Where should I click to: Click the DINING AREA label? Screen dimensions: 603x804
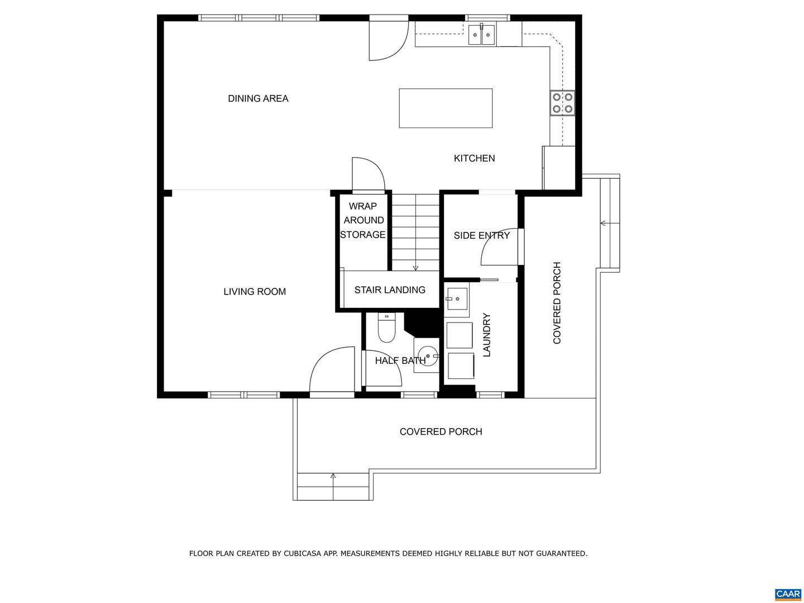tap(258, 98)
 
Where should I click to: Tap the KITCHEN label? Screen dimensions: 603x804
tap(474, 158)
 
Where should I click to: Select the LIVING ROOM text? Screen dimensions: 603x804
tap(255, 291)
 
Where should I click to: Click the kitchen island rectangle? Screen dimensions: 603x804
tap(446, 108)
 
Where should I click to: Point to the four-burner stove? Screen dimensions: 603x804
tap(562, 103)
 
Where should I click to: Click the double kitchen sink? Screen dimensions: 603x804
tap(481, 35)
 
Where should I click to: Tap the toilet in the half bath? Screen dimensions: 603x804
tap(386, 329)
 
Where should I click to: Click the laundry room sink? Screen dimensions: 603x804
tap(456, 296)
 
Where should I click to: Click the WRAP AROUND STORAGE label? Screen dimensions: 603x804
tap(363, 220)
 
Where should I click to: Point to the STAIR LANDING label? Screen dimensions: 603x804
tap(390, 289)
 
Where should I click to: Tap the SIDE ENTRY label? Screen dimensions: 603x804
tap(481, 235)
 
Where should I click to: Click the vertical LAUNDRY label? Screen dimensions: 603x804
tap(486, 335)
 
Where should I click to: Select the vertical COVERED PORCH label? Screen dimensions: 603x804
tap(557, 303)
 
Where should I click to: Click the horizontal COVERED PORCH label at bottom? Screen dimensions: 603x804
tap(441, 431)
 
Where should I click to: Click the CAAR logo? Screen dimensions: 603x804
tap(787, 594)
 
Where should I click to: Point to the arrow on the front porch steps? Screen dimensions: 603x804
tap(333, 477)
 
